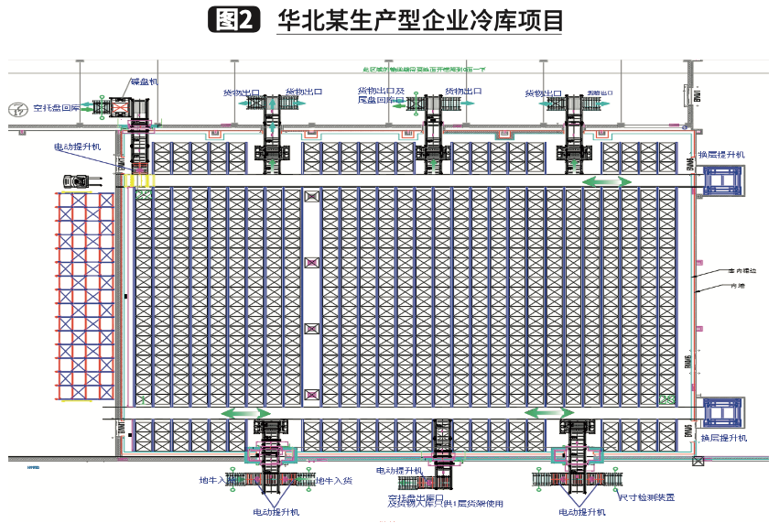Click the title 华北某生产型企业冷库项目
(x=419, y=20)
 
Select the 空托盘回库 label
(x=57, y=107)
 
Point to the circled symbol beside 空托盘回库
(x=16, y=108)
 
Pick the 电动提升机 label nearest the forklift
(x=80, y=147)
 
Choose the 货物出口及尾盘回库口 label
(x=381, y=95)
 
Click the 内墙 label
(x=735, y=286)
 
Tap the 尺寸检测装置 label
(x=646, y=497)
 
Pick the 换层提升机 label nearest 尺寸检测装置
(x=722, y=439)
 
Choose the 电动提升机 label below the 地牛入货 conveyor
(x=276, y=512)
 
